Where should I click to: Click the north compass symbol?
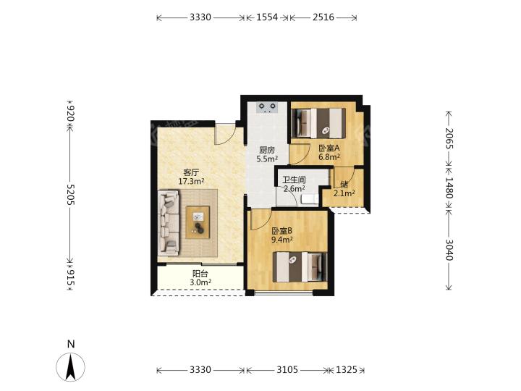70,366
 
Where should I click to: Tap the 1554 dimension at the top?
267,17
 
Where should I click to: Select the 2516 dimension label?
323,17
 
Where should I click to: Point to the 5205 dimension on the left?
71,195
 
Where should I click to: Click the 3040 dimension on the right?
449,250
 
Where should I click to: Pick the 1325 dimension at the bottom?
347,370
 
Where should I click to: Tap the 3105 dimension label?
287,370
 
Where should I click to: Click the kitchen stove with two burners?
268,107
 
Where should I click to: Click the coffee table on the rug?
198,222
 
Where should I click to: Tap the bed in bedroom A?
318,123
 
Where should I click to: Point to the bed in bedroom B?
300,267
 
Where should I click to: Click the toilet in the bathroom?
309,200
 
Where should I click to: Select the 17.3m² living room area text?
191,181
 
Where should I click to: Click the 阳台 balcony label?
200,274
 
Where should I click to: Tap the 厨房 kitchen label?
267,151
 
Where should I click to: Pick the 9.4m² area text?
281,240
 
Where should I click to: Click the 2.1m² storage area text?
344,193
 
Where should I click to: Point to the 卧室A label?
329,148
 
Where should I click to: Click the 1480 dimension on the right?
449,188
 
